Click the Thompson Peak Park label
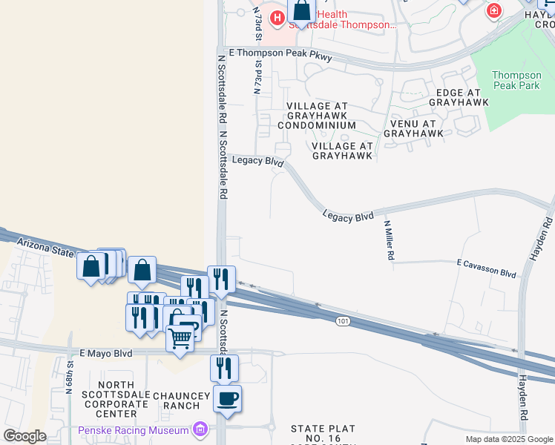tap(516, 81)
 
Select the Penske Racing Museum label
tap(134, 430)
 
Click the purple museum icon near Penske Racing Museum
tap(200, 429)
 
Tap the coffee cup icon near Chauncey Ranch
tap(228, 399)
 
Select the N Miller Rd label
tap(388, 239)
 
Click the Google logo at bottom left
tap(24, 436)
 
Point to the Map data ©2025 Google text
tap(508, 439)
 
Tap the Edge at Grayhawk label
tap(459, 97)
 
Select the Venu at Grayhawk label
tap(414, 128)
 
